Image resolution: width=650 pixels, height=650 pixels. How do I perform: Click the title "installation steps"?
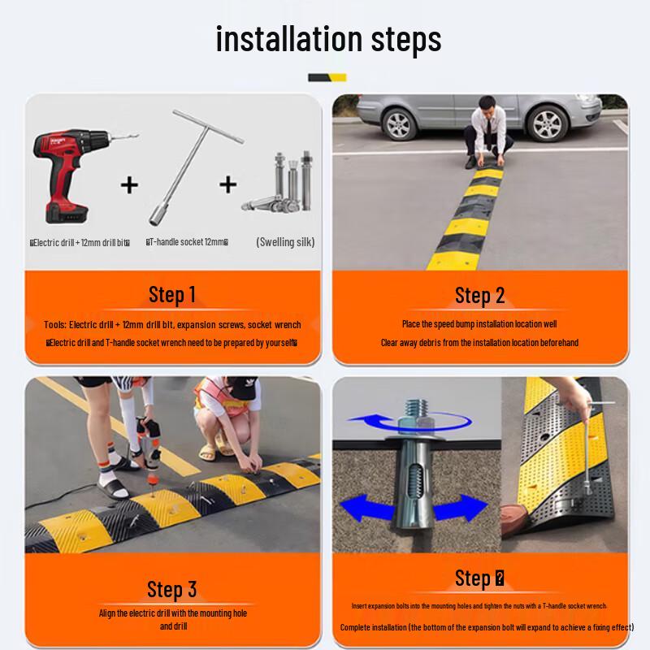click(328, 39)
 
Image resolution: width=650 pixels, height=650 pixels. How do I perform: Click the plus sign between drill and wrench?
click(129, 184)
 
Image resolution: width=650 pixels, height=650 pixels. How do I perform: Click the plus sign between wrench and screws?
click(228, 184)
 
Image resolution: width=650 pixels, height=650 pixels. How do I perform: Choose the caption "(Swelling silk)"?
click(284, 241)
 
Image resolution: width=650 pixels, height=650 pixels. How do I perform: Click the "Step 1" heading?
click(172, 294)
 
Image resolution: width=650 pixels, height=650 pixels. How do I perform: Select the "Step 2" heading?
click(479, 296)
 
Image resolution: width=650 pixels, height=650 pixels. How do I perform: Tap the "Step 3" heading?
click(172, 589)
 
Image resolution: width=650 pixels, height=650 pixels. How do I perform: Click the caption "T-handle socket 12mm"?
click(187, 242)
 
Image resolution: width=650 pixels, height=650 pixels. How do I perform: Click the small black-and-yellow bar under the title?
click(327, 77)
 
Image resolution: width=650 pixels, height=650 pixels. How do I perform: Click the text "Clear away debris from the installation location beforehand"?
click(479, 343)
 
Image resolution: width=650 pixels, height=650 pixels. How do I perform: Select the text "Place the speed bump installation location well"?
click(479, 324)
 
